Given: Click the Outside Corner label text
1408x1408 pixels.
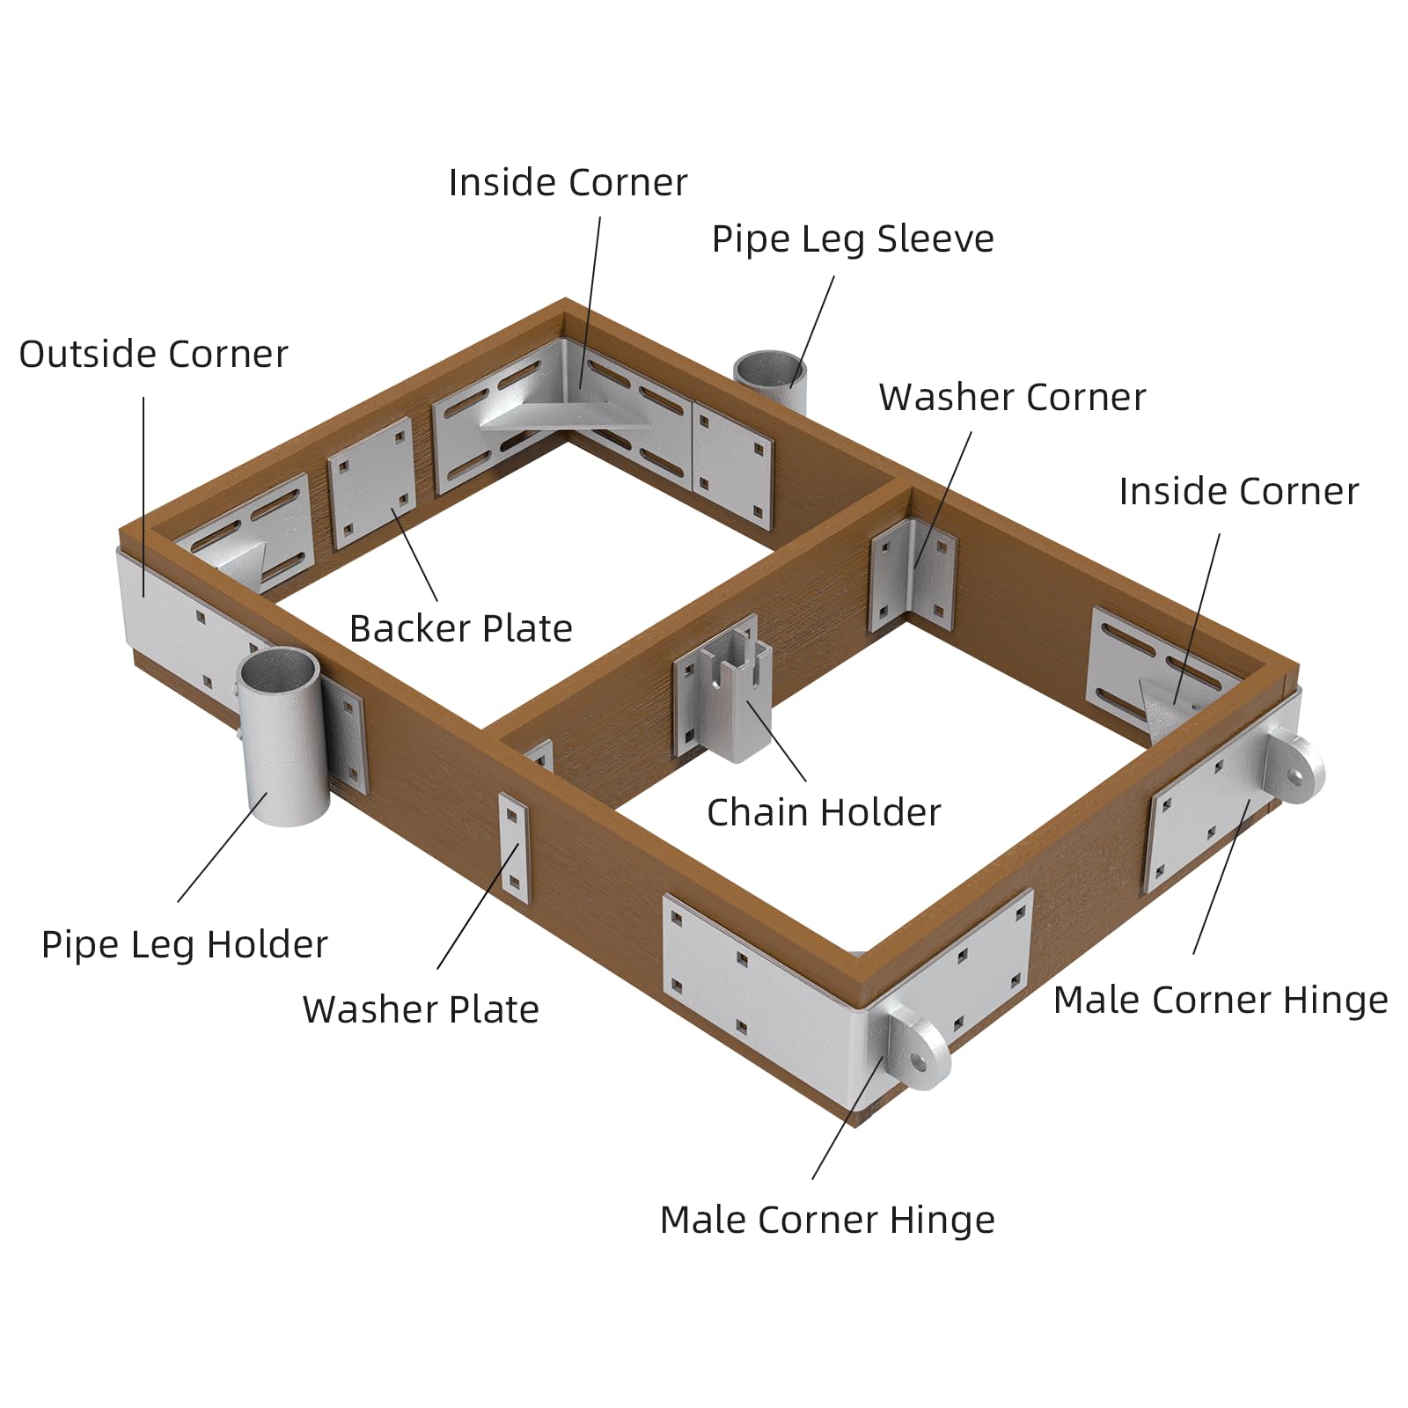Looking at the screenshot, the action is pos(153,355).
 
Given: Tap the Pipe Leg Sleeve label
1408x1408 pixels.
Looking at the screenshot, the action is pos(853,239).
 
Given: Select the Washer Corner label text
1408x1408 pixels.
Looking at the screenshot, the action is pos(1012,398).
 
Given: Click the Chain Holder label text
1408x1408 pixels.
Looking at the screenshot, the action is pos(824,812).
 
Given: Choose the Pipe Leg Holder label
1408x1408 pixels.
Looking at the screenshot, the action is pos(185,945).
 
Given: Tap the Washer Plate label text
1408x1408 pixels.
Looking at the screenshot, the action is pos(421,1010).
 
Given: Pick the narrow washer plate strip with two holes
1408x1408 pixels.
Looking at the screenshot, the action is pos(515,847).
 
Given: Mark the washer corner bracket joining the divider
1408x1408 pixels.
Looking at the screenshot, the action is pos(913,576).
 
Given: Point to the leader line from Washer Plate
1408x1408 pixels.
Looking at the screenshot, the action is pos(479,906).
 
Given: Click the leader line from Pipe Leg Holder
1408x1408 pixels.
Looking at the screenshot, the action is pos(223,846).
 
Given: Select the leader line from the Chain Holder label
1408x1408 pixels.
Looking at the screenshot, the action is pos(776,740).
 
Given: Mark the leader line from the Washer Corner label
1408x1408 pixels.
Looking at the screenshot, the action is pos(942,499).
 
